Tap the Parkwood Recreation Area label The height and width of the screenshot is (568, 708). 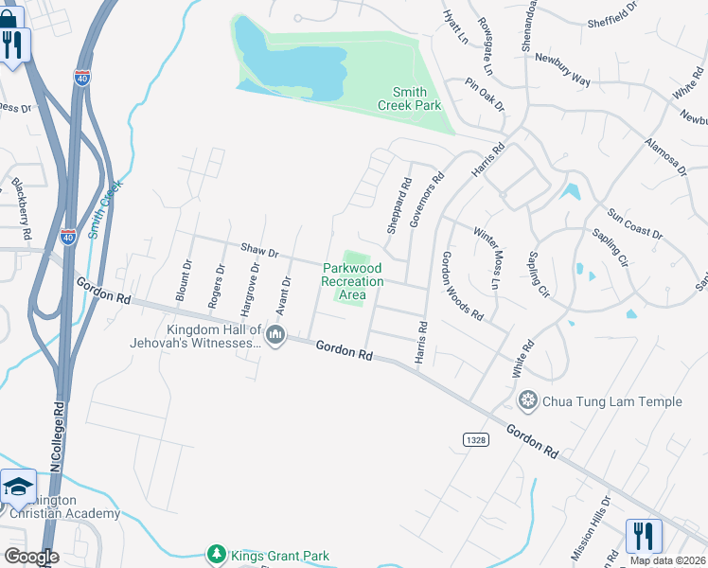[x=352, y=281]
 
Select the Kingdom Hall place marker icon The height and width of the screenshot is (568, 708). [x=276, y=334]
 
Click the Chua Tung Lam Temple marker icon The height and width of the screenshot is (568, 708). [x=528, y=401]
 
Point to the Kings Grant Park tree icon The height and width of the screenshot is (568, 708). [x=217, y=555]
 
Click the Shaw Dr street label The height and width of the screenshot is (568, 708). [x=259, y=252]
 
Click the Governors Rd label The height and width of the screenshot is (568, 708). [x=427, y=199]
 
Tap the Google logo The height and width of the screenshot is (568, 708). [x=31, y=557]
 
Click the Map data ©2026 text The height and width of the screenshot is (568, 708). [x=668, y=560]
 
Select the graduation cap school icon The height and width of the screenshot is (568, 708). [x=18, y=487]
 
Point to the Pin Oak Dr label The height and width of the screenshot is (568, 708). [x=484, y=96]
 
